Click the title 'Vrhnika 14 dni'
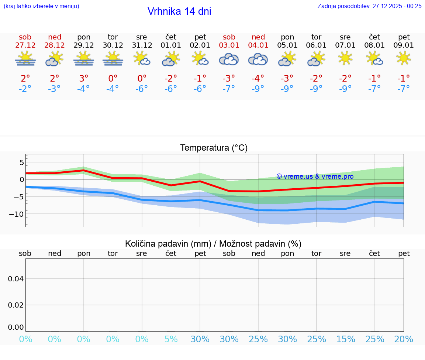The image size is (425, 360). point(179,11)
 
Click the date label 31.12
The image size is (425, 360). point(142,45)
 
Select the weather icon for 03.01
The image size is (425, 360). point(229,59)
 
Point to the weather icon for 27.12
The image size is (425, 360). point(25,59)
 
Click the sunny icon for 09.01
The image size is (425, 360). point(404,58)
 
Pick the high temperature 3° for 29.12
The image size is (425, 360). point(84,79)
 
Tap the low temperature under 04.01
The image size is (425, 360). point(258,89)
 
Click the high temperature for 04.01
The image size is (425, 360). point(258,79)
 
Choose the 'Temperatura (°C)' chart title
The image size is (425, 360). point(214,148)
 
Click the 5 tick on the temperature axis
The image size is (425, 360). point(22,162)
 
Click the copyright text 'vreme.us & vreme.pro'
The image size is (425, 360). point(315,176)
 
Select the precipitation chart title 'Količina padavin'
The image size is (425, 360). point(213,244)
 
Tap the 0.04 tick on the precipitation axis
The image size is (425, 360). point(16,278)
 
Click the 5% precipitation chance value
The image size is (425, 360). point(171,339)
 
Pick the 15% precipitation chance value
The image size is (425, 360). point(345,339)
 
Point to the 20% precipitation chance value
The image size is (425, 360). point(404,339)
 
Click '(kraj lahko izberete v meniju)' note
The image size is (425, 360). point(41,6)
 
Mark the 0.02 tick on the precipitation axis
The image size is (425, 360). point(16,305)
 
